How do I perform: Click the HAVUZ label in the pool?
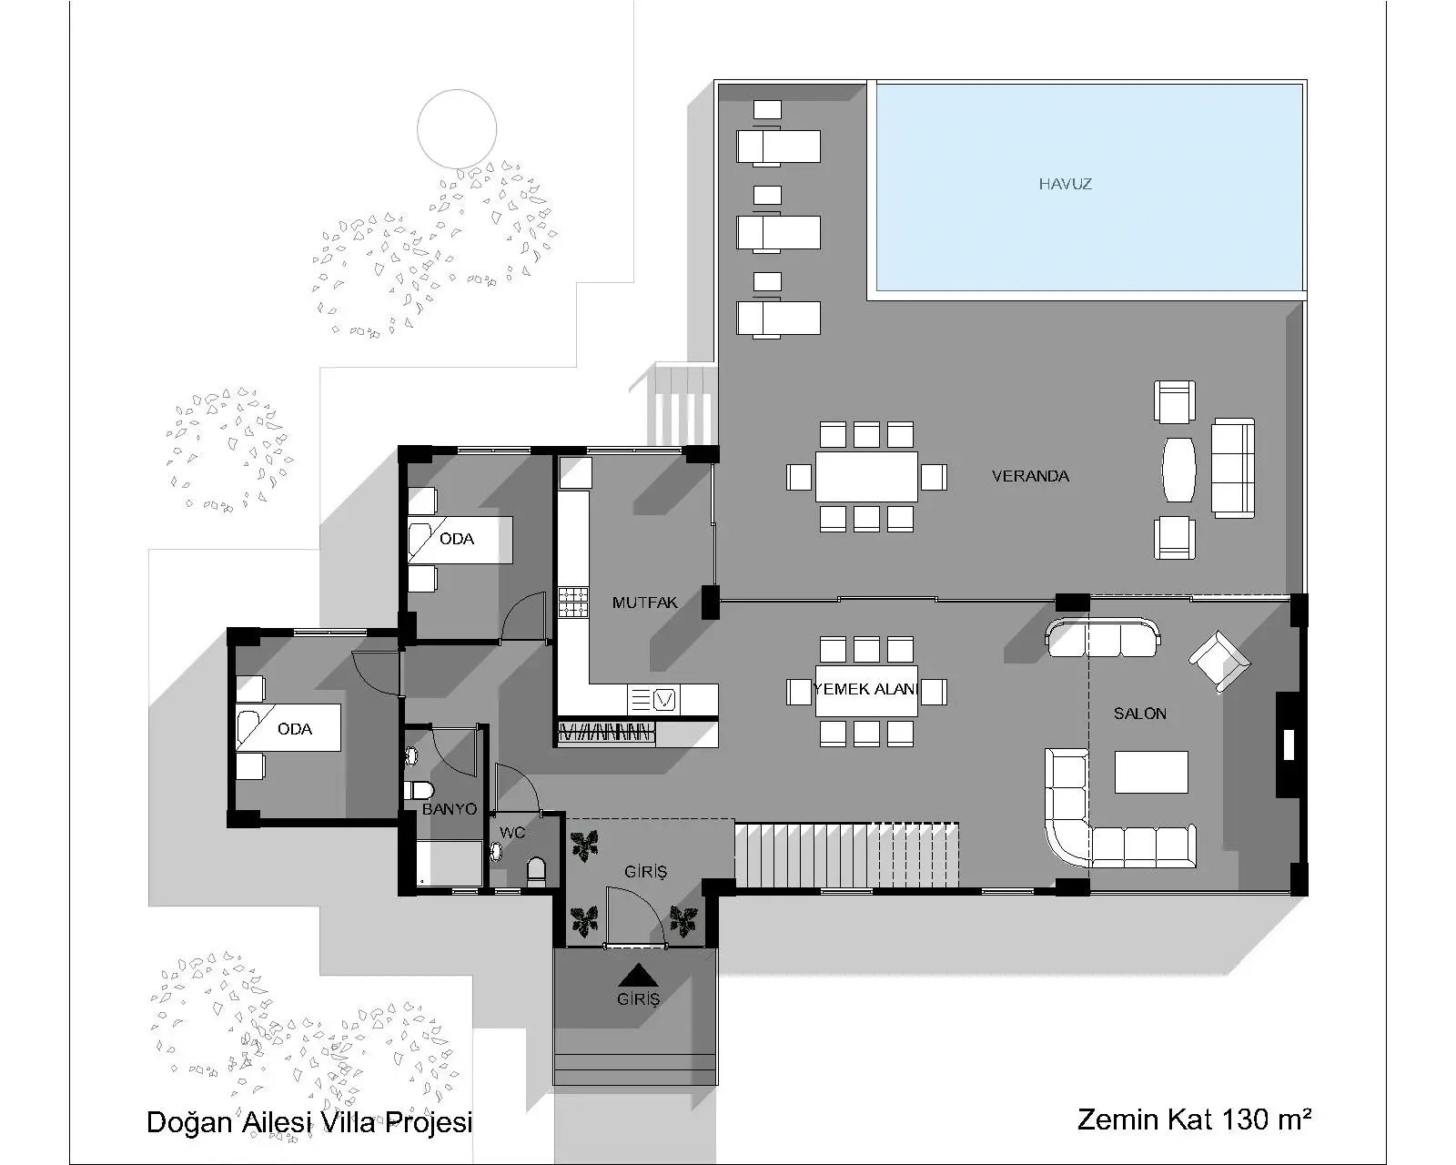tap(1065, 184)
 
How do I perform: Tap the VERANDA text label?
tap(1030, 476)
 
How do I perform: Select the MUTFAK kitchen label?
tap(644, 603)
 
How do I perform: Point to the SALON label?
tap(1139, 714)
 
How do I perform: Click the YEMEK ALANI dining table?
tap(865, 690)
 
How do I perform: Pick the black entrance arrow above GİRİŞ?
tap(638, 975)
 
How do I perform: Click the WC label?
tap(512, 833)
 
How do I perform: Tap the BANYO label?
tap(449, 809)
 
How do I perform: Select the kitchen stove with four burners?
tap(573, 603)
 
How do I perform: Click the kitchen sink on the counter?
tap(666, 699)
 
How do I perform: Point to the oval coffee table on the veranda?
tap(1178, 470)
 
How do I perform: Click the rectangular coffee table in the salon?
tap(1151, 772)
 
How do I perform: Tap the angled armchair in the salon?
tap(1218, 662)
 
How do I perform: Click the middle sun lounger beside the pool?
tap(778, 233)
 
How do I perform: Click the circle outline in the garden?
tap(457, 128)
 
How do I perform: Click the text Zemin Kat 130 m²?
tap(1193, 1119)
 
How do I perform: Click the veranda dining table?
tap(865, 476)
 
